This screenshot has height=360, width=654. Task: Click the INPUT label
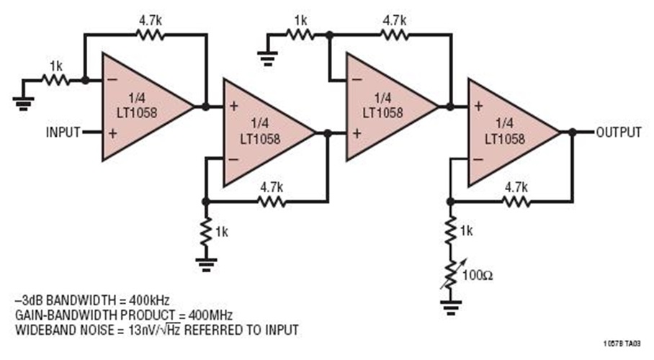(63, 132)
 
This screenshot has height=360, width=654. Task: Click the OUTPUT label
(617, 132)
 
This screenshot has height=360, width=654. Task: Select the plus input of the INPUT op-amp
(112, 132)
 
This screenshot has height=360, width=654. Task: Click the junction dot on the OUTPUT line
(572, 132)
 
